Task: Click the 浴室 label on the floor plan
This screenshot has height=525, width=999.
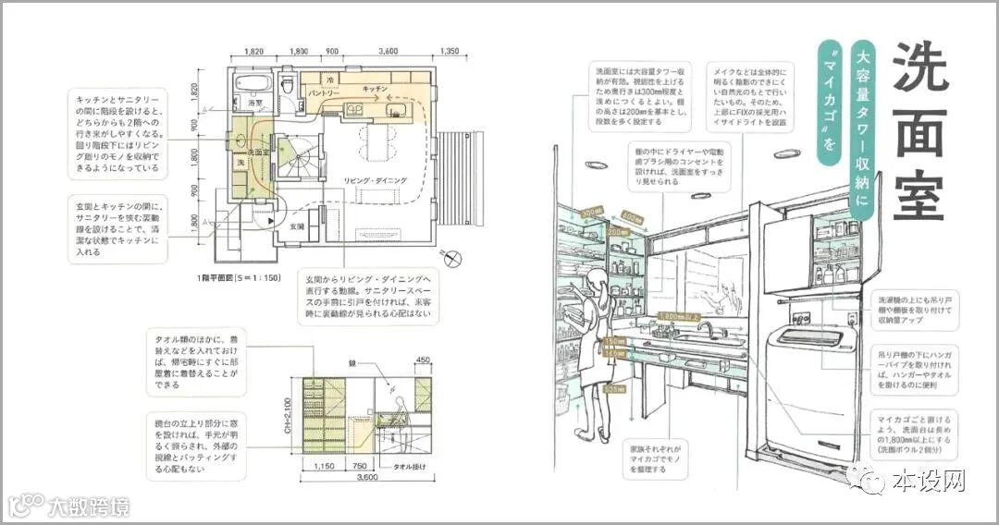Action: (x=256, y=103)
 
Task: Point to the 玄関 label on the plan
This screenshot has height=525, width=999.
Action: (x=297, y=225)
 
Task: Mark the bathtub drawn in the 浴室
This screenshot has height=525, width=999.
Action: (x=251, y=81)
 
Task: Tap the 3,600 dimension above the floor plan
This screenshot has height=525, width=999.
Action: (x=388, y=52)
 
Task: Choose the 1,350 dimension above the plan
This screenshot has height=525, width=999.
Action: (x=450, y=52)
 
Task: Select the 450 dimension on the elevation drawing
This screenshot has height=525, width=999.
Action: (x=423, y=360)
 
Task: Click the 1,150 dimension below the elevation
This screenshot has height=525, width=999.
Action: (x=323, y=467)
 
